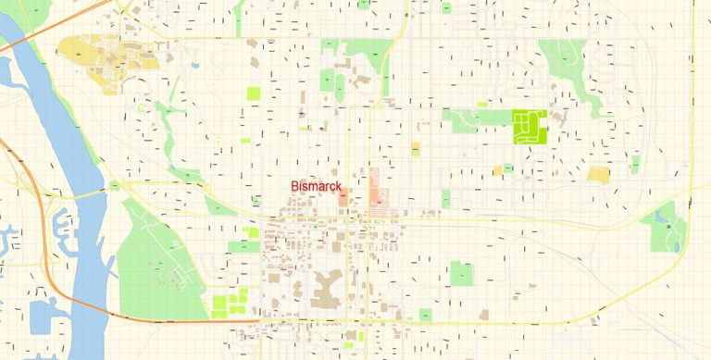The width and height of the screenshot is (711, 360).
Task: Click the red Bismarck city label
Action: (316, 187)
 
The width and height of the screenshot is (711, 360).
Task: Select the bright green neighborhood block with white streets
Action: (529, 126)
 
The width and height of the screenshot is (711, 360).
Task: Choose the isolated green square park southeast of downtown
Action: (460, 274)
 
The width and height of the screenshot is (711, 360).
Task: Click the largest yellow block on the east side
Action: (599, 174)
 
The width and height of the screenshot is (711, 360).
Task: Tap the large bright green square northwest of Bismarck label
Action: (253, 93)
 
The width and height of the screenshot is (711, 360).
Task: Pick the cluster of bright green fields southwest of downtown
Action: (230, 302)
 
